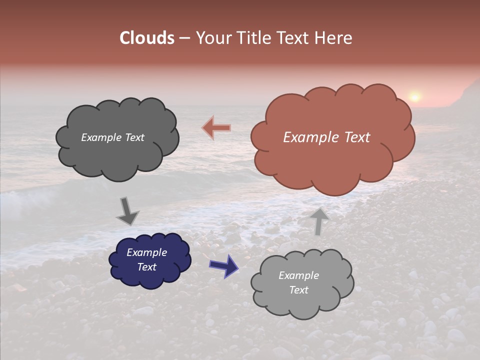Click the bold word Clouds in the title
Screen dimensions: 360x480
147,38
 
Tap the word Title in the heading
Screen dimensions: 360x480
253,38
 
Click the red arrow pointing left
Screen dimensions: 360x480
217,128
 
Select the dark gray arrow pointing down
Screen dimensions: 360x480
127,211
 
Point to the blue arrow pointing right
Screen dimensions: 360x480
224,265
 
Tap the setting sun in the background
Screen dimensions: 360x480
414,96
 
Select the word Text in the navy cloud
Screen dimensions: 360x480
147,267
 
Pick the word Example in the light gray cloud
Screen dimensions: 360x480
298,275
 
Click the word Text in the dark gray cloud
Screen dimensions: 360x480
134,137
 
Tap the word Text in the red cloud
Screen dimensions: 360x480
356,137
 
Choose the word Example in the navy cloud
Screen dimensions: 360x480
147,252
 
